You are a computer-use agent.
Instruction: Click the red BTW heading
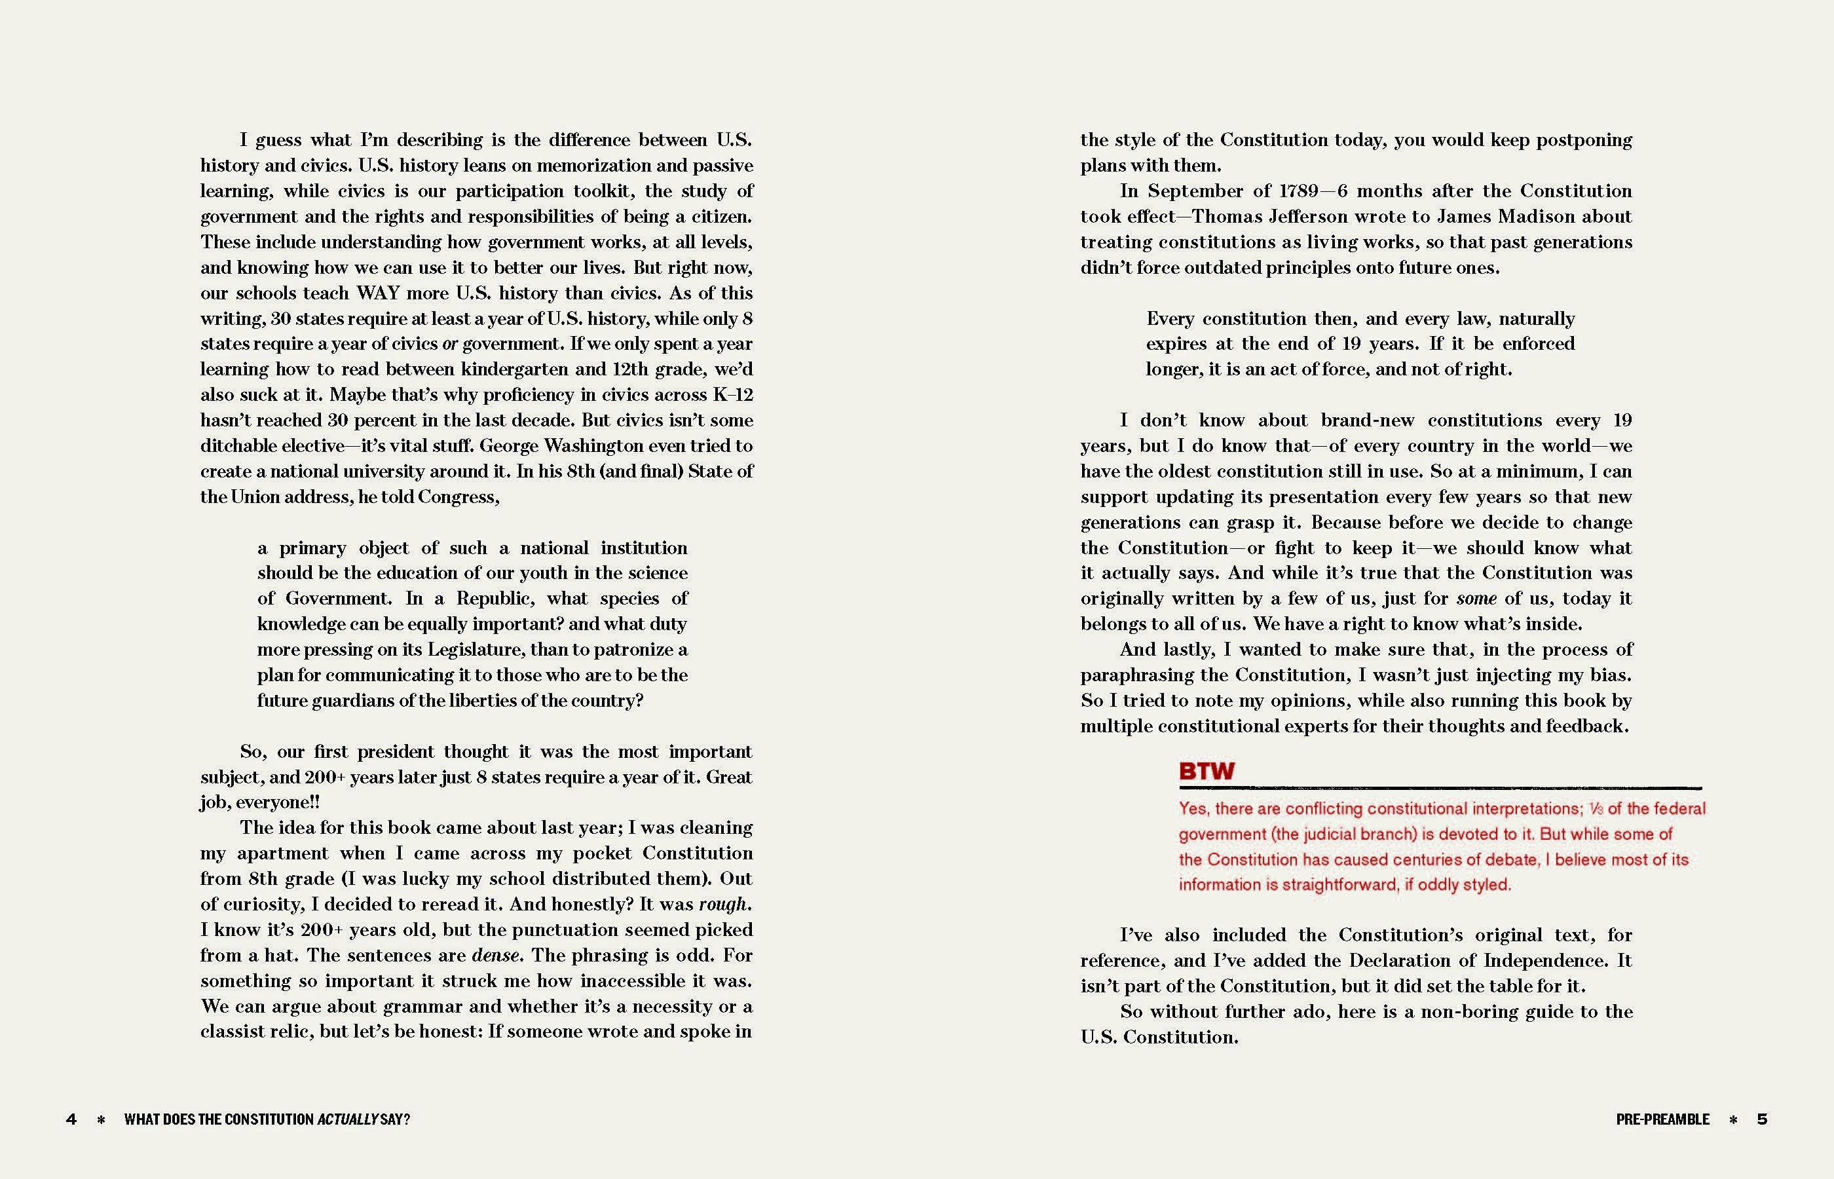pos(1207,771)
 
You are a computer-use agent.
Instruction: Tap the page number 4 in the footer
pos(71,1119)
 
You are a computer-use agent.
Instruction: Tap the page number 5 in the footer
pos(1762,1119)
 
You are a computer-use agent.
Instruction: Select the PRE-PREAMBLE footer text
pos(1662,1119)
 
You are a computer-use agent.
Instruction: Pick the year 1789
pos(1299,191)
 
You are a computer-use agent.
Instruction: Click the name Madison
pos(1535,217)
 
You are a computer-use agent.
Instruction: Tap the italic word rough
pos(722,904)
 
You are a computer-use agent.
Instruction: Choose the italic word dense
pos(496,956)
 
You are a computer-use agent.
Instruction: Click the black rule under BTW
pos(1439,788)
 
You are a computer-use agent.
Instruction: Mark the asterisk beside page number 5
pos(1733,1119)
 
